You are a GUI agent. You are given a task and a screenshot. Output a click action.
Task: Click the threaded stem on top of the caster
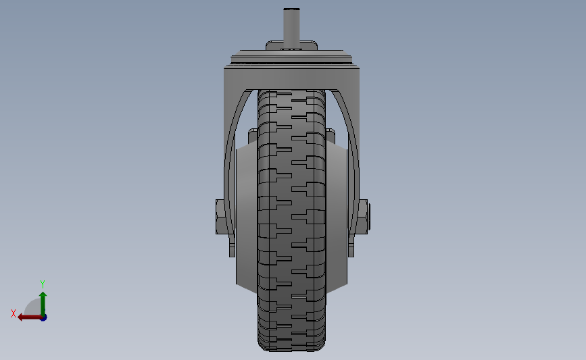291,27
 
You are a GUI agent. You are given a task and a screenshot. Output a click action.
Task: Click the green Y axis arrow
43,301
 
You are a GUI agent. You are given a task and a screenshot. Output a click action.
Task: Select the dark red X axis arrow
28,317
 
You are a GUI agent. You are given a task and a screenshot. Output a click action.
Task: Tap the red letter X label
14,313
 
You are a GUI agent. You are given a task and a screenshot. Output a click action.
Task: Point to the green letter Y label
42,284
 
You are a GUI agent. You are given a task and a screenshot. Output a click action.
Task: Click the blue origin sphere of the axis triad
43,317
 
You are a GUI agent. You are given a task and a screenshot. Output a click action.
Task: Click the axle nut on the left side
220,216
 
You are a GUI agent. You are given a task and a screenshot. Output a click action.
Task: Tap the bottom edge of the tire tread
291,348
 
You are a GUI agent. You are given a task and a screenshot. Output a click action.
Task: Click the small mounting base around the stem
291,46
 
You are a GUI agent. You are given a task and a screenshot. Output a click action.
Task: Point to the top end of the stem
291,9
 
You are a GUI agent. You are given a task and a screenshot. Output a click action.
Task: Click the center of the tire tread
291,216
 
